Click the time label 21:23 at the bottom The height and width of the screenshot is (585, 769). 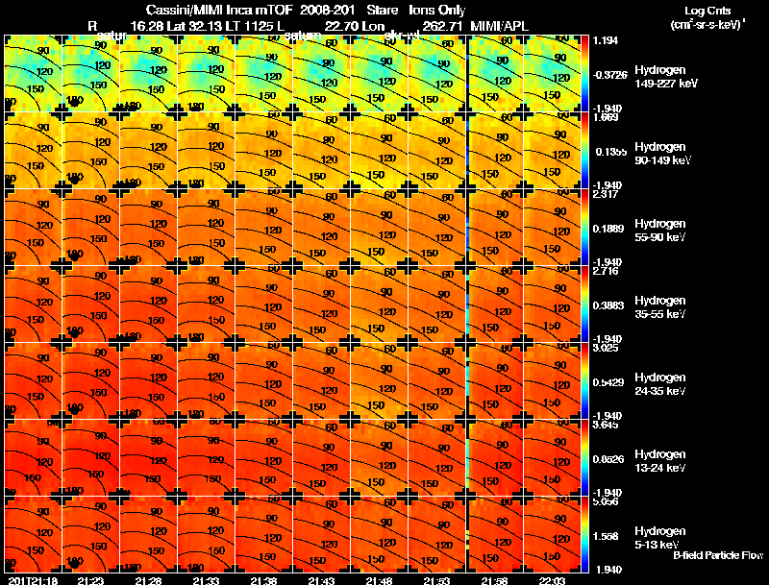(90, 580)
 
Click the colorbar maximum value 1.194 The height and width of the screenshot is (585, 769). (606, 40)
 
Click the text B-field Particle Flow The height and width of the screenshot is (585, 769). (718, 555)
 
